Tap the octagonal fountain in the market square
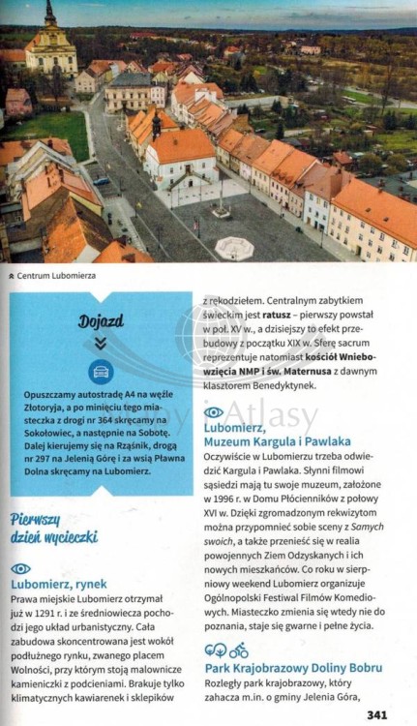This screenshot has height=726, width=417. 234,248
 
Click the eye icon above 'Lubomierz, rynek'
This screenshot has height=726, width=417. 20,568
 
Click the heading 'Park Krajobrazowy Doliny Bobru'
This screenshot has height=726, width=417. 293,668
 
